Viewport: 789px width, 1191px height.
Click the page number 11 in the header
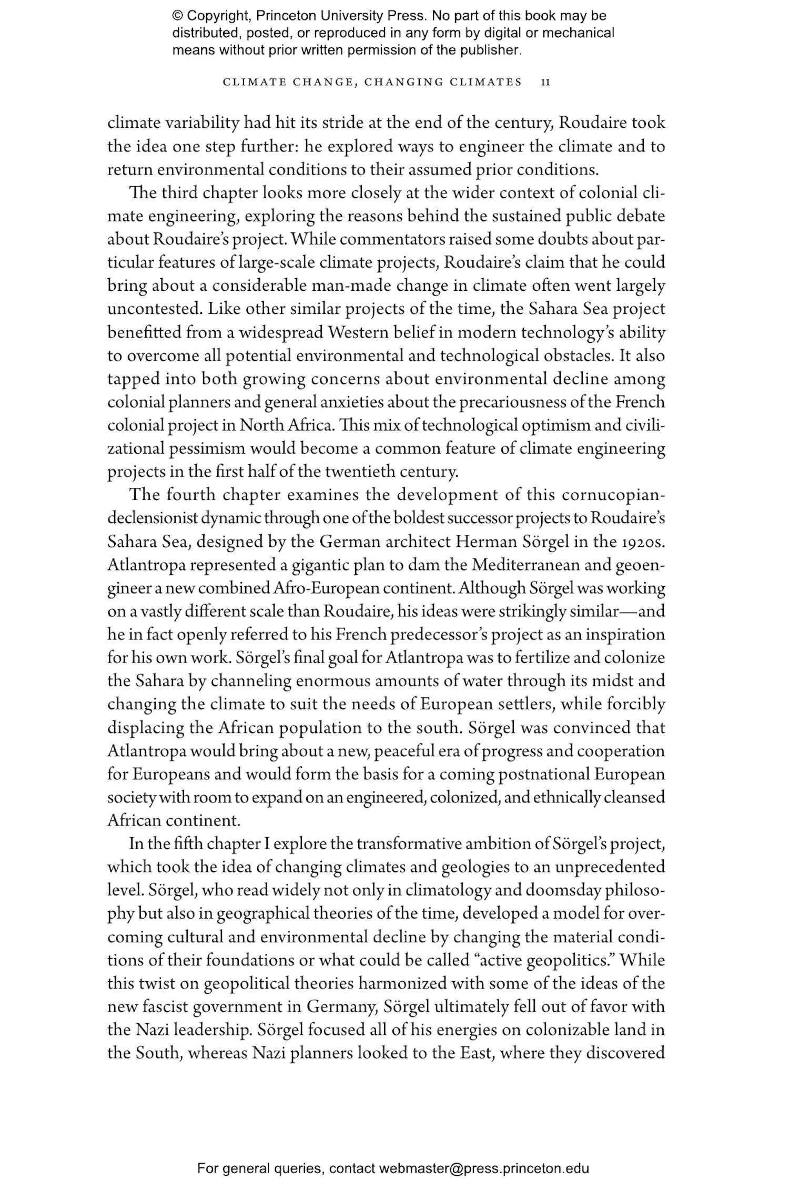[545, 82]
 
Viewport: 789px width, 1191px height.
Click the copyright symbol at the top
[176, 16]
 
